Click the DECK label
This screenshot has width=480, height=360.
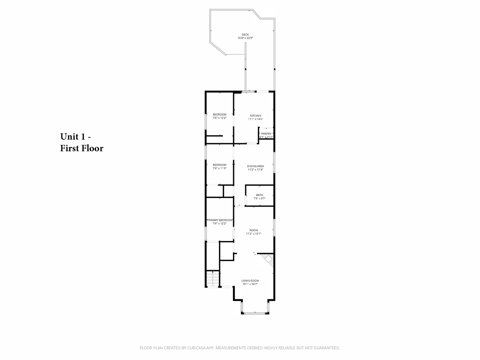click(x=245, y=35)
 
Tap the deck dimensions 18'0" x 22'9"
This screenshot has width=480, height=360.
click(x=245, y=38)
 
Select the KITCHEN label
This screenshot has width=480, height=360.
click(x=256, y=116)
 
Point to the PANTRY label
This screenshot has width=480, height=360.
click(x=266, y=134)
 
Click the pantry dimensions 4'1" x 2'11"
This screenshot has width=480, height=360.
click(x=266, y=137)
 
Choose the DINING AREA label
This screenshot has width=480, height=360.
click(x=255, y=166)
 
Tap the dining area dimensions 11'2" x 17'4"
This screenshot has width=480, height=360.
click(x=255, y=170)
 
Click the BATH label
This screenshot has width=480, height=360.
click(x=259, y=195)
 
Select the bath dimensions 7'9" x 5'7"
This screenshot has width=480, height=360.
click(x=259, y=199)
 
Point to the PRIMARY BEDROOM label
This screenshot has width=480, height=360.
click(x=220, y=220)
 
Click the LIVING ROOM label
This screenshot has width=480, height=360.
click(x=250, y=281)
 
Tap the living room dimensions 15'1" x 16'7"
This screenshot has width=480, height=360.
click(x=250, y=284)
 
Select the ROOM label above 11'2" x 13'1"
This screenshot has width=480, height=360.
click(x=254, y=230)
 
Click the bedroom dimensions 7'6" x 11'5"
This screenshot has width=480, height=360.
click(x=220, y=168)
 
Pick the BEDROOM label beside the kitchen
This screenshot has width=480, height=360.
click(x=220, y=114)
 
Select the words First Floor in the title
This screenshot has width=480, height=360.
click(x=82, y=148)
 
